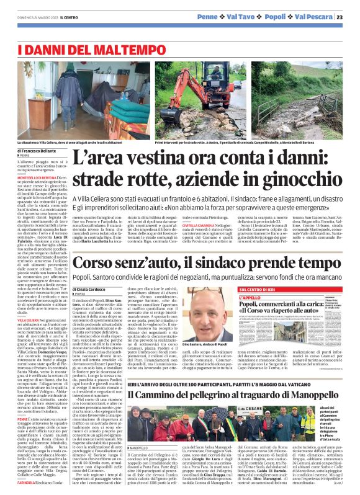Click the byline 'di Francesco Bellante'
(x=37, y=151)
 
